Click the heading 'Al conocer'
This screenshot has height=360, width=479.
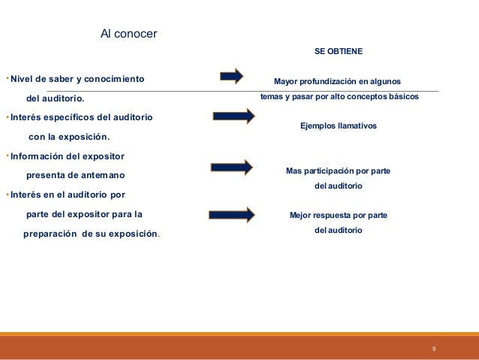129,34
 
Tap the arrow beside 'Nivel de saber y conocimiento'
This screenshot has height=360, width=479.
232,76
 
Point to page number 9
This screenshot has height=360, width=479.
434,349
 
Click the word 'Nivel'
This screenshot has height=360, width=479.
23,78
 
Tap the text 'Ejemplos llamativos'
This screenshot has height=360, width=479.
338,126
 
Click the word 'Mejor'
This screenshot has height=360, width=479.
301,215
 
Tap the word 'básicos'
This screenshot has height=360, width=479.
400,97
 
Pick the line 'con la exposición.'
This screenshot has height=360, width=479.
68,137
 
